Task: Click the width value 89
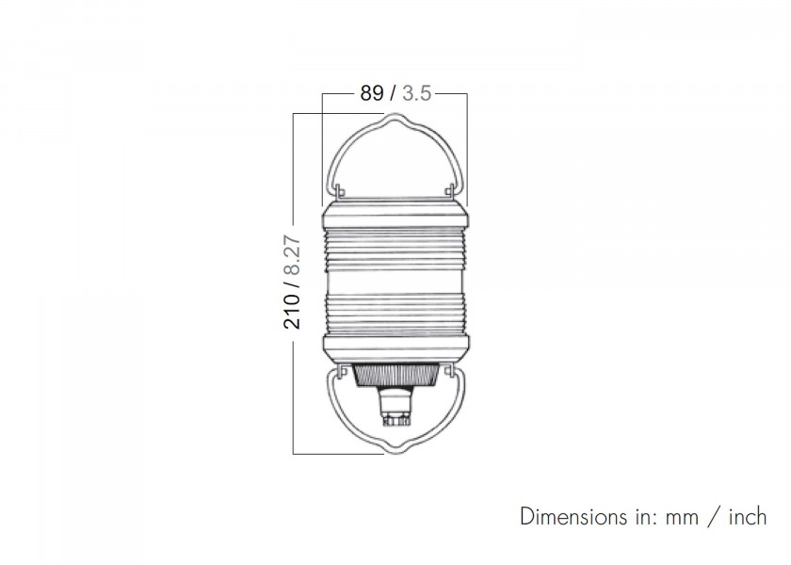(x=372, y=93)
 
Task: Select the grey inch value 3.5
(x=416, y=93)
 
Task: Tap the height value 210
(x=292, y=312)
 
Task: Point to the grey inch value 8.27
(x=292, y=255)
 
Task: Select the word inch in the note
(x=748, y=517)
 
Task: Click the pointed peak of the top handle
(x=395, y=115)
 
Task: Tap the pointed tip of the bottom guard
(x=395, y=451)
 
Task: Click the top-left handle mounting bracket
(x=340, y=191)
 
